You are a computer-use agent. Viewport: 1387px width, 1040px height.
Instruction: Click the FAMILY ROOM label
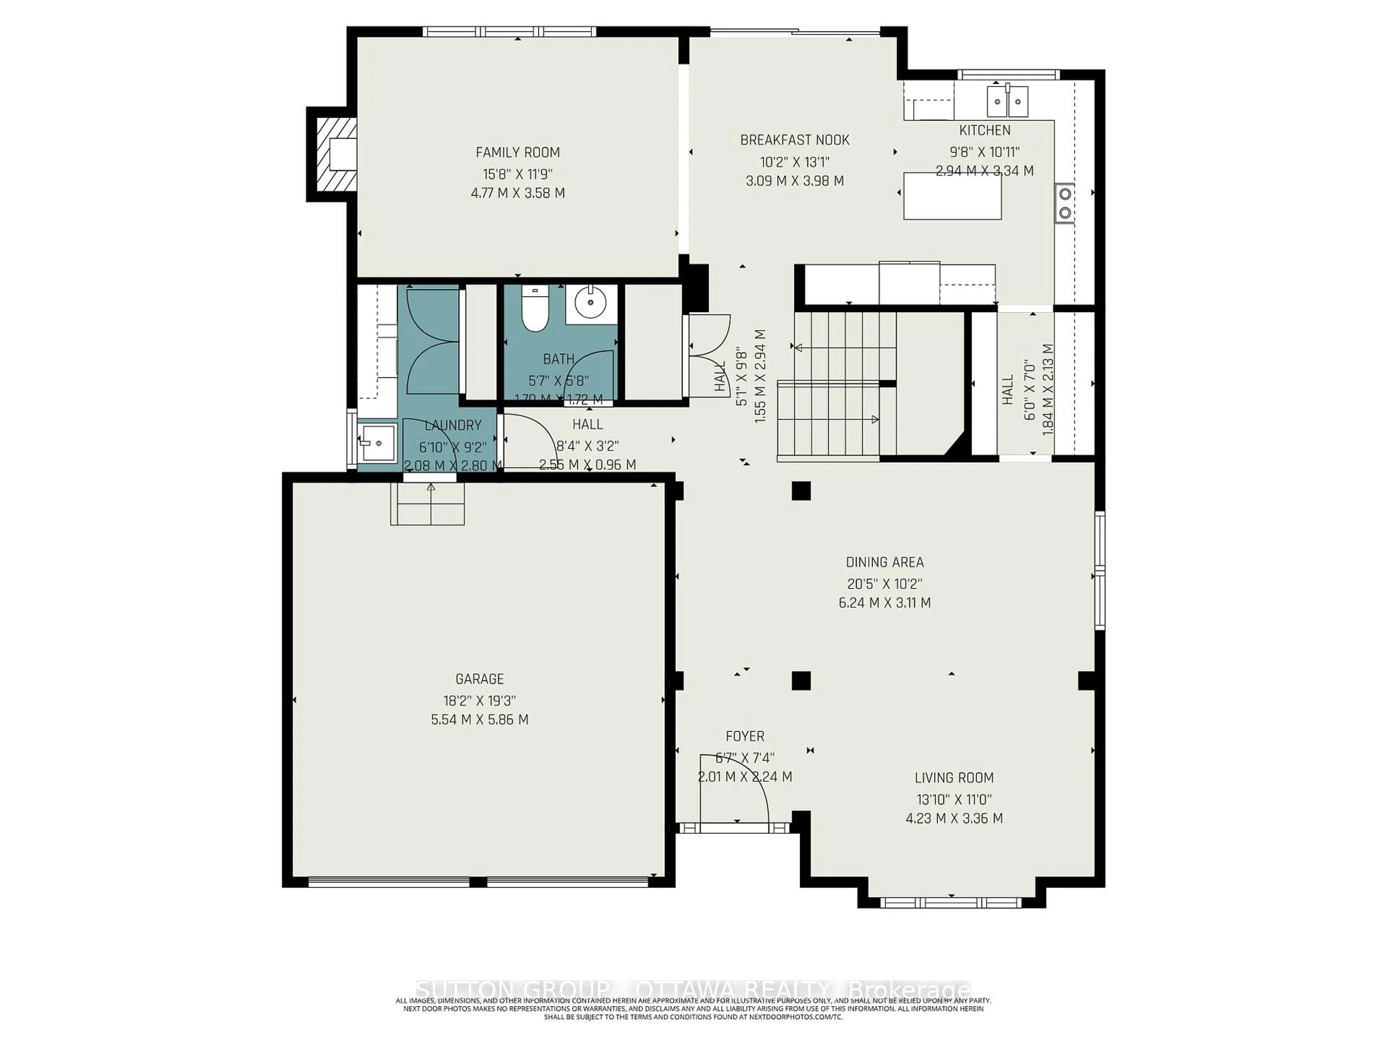click(x=517, y=152)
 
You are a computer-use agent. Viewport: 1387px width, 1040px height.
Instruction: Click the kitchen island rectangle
click(x=952, y=196)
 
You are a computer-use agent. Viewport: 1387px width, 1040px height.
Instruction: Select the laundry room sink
click(x=378, y=443)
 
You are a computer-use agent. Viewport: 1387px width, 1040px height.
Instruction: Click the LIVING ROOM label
click(x=954, y=778)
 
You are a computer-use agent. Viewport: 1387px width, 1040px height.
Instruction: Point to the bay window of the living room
click(x=951, y=903)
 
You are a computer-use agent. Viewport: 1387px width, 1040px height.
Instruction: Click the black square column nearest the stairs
click(x=801, y=491)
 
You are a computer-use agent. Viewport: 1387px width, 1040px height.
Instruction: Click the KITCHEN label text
click(x=984, y=130)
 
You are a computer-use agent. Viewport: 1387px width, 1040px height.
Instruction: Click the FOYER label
click(x=745, y=737)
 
